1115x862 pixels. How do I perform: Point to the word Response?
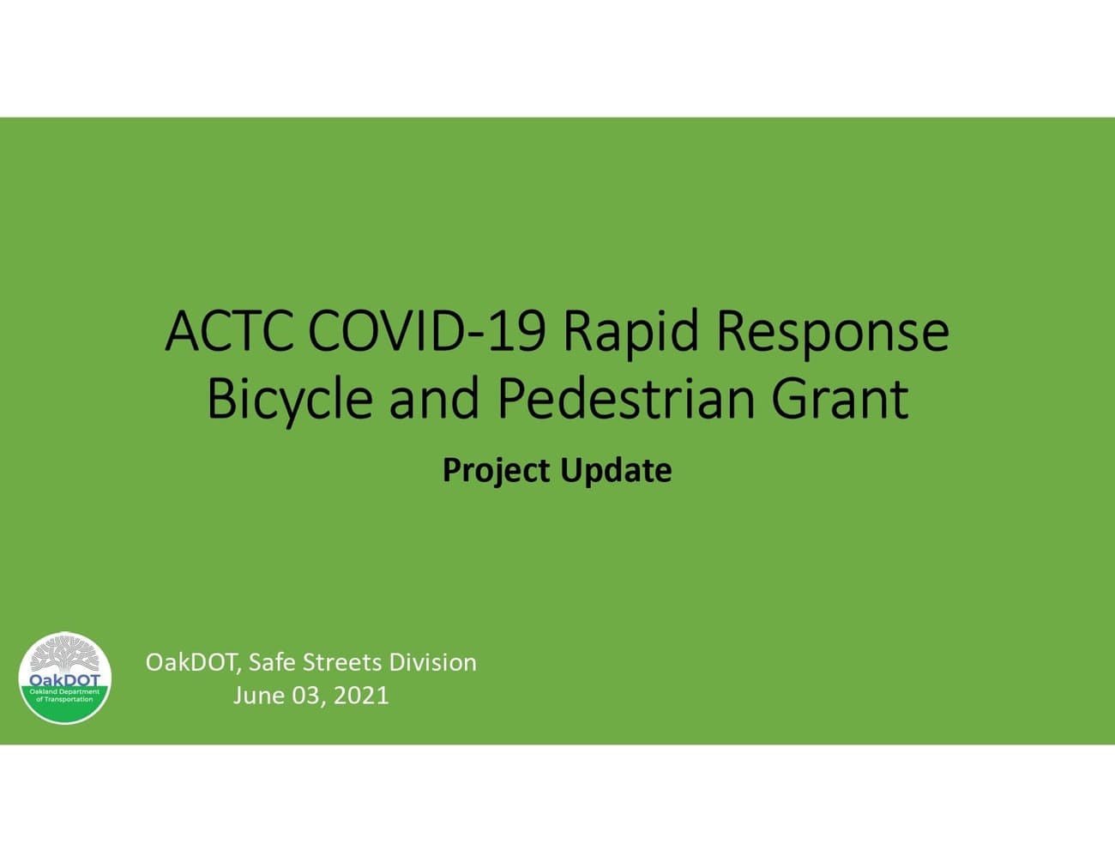coord(832,332)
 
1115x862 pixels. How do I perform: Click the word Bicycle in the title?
coord(290,399)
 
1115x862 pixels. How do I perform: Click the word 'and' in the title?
coord(433,399)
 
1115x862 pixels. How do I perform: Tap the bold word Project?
coord(496,471)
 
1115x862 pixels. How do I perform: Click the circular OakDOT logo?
coord(65,678)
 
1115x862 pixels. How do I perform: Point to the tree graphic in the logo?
coord(64,658)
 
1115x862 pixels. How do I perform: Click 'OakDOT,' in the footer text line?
coord(194,663)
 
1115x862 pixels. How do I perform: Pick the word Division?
coord(432,663)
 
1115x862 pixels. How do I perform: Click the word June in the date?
coord(259,696)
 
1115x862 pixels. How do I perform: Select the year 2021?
coord(361,696)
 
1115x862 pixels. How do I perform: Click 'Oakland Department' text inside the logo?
coord(65,691)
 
